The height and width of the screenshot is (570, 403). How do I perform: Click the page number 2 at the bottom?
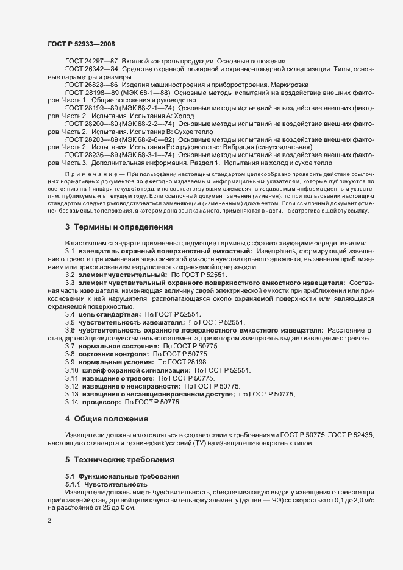click(x=50, y=521)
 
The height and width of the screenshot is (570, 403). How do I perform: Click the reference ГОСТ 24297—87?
click(x=91, y=62)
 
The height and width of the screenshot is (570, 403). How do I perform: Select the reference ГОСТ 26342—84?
click(x=91, y=70)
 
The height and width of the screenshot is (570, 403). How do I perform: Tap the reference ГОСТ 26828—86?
click(x=91, y=85)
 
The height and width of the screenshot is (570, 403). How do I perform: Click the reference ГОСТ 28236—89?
click(x=91, y=155)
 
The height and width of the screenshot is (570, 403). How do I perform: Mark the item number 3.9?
click(x=70, y=362)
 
